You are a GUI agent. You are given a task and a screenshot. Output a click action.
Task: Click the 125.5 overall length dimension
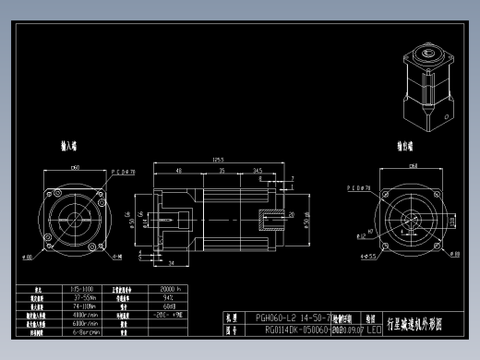pos(218,160)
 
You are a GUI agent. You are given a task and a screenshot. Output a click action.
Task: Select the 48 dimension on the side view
pos(177,170)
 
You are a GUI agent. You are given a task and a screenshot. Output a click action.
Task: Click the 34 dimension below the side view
pos(173,264)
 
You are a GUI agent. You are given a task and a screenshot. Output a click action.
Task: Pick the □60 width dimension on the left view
pos(75,167)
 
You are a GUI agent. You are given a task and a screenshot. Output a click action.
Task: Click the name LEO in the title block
pos(374,328)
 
